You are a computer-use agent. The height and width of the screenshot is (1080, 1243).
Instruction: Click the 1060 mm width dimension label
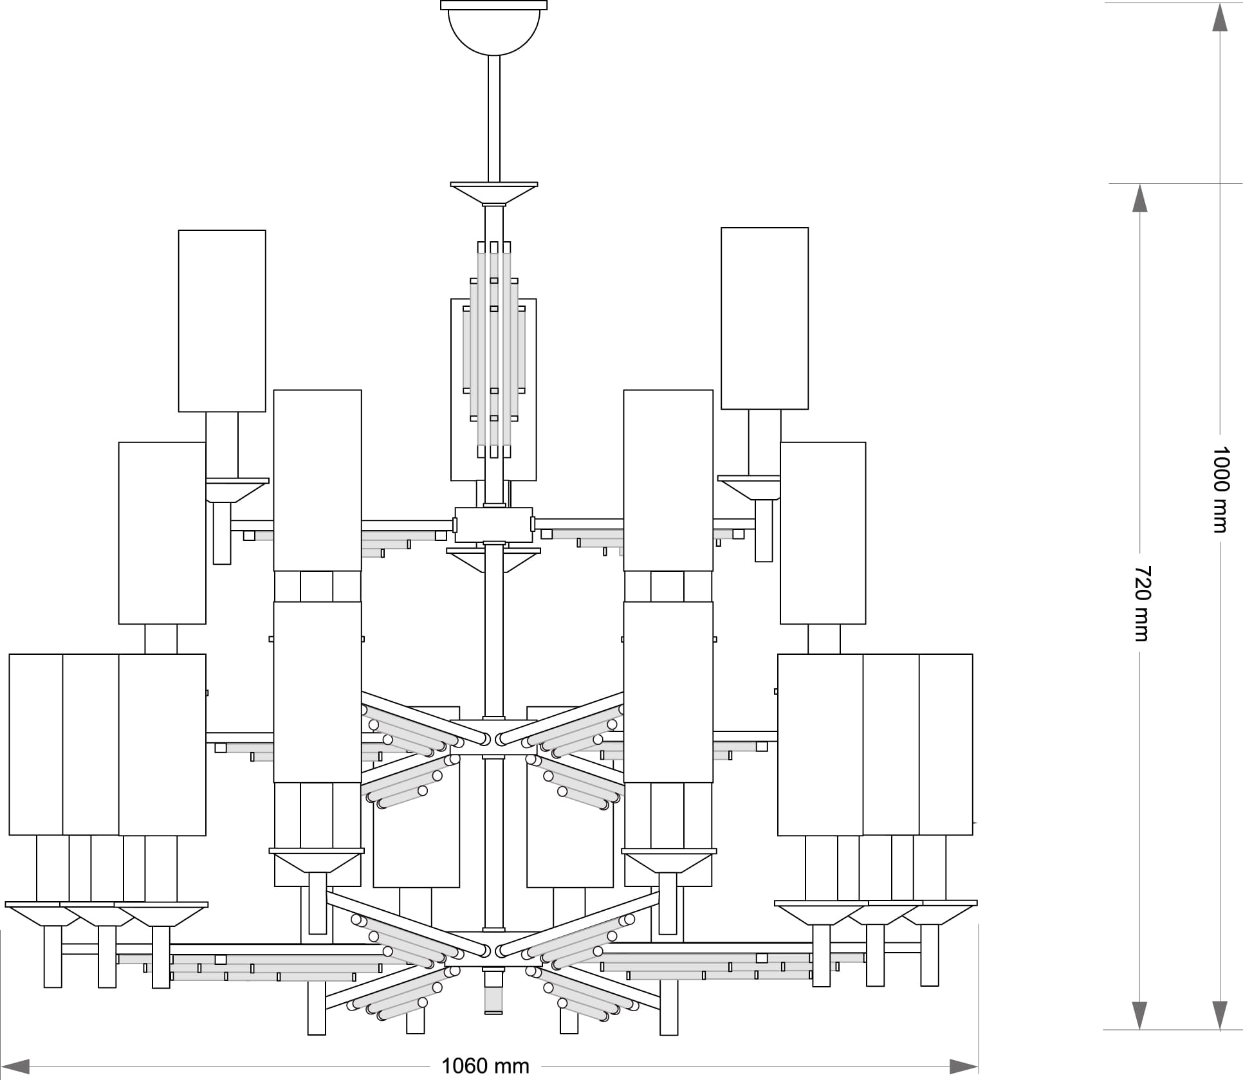click(485, 1066)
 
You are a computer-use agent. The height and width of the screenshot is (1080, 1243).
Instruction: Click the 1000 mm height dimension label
click(1220, 490)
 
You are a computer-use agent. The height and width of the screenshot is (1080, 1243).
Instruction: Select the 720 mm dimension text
click(1140, 603)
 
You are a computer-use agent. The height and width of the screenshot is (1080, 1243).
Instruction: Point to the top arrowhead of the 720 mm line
click(1140, 199)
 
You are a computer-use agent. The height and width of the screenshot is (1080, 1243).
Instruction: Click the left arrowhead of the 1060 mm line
click(15, 1066)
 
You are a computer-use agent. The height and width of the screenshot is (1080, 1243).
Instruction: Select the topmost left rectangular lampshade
click(222, 320)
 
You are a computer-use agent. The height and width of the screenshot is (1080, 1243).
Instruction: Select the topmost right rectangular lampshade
click(764, 318)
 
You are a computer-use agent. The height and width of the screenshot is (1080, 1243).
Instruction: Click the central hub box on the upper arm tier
click(493, 525)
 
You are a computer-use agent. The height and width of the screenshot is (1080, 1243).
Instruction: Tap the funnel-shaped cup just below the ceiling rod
click(493, 194)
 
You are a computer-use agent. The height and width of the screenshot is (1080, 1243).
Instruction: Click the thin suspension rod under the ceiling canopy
click(493, 119)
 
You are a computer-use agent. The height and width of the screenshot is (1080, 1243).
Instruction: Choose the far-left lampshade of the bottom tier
click(35, 744)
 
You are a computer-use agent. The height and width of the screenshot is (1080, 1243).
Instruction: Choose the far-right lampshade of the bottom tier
click(946, 744)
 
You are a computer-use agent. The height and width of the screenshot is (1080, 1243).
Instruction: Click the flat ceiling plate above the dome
click(493, 5)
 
